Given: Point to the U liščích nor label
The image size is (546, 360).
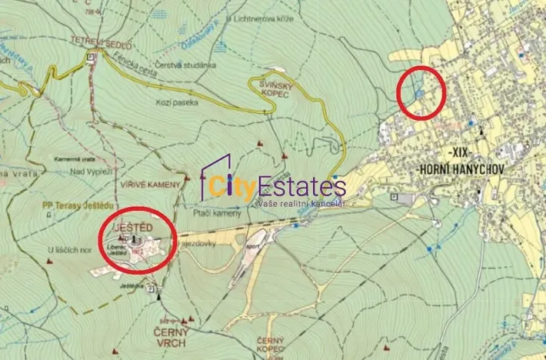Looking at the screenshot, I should pos(68,250).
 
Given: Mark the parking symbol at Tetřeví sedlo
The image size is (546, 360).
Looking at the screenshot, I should pos(92,57).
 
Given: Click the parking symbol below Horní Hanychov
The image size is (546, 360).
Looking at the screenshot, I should pos(395,198).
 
